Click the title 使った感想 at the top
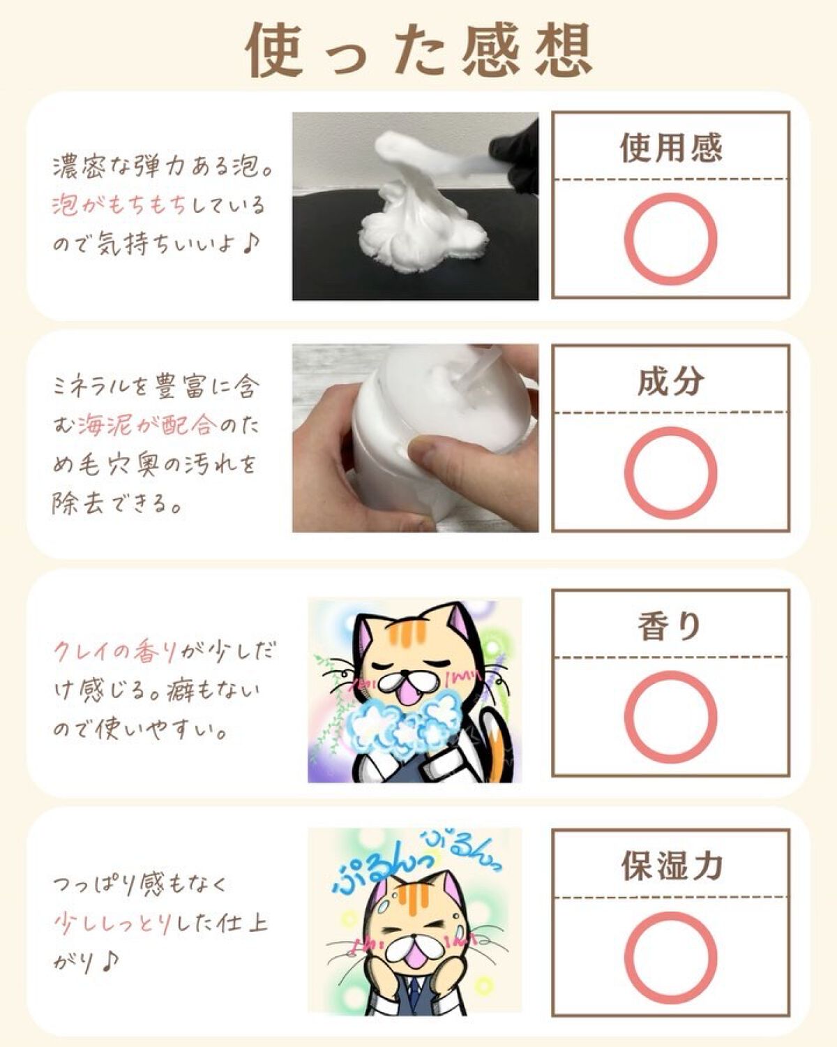pos(419,50)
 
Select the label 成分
pos(671,381)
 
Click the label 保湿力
pos(671,866)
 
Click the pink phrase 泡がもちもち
pos(119,205)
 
